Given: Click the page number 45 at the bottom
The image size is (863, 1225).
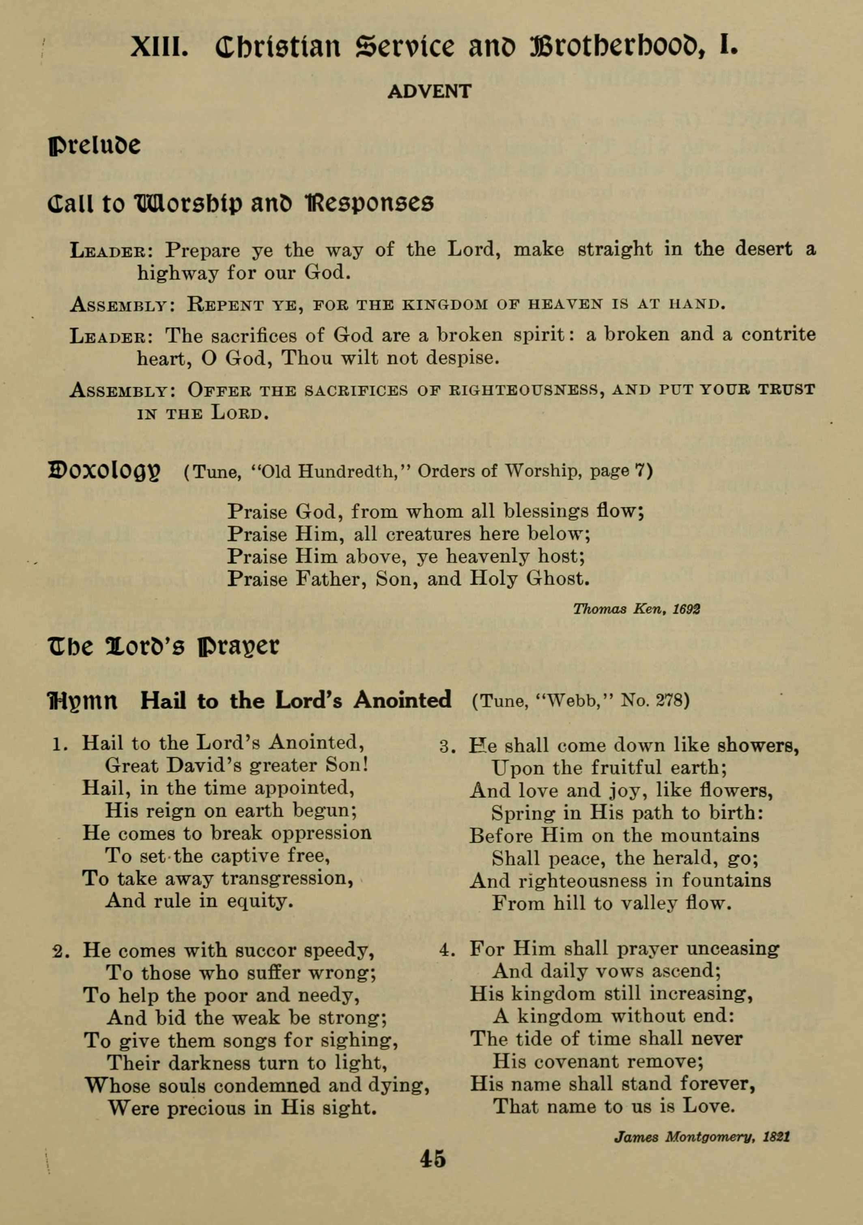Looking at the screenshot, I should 432,1159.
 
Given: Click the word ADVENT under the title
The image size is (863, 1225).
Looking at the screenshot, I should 429,92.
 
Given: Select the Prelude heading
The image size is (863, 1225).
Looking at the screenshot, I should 95,145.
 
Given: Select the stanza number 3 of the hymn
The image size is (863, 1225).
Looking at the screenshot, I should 445,746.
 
